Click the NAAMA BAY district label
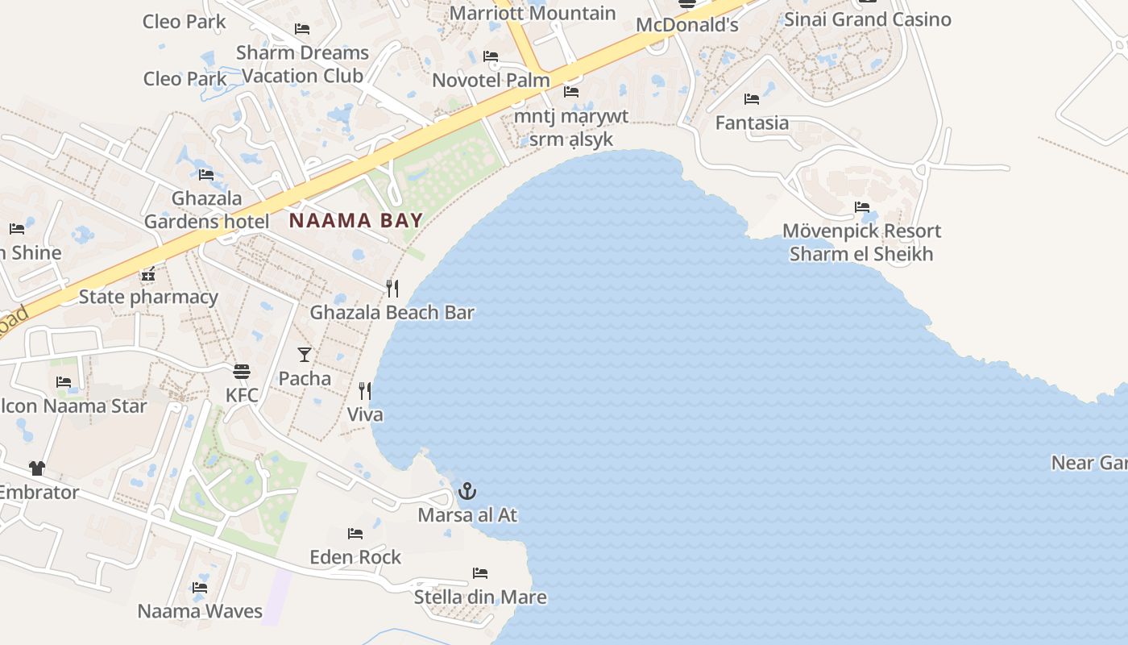(x=355, y=220)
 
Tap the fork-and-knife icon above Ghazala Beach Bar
(x=392, y=288)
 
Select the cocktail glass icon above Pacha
(x=305, y=354)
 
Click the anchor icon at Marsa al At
(x=467, y=490)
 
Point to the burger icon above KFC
(x=242, y=371)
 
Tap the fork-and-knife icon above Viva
(x=365, y=391)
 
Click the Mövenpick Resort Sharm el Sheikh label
(x=861, y=243)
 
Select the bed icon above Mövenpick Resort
(x=862, y=207)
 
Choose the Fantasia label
(x=752, y=123)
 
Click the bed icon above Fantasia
(x=752, y=99)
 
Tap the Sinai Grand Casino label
(x=867, y=19)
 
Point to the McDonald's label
(x=686, y=25)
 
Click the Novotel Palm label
(x=491, y=81)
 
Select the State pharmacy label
(x=148, y=297)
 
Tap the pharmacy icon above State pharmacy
(x=148, y=273)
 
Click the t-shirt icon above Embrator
(x=37, y=468)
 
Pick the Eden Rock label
(x=355, y=557)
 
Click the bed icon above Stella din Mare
(x=480, y=573)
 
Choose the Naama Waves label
(x=200, y=611)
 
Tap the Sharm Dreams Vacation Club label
(x=302, y=64)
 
